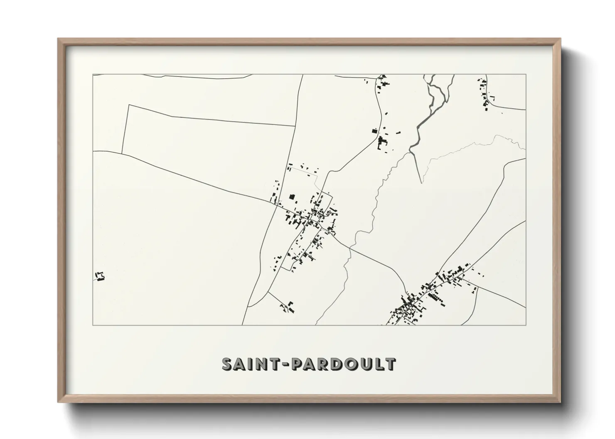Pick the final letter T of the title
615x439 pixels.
click(x=390, y=364)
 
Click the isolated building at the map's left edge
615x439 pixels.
click(x=99, y=276)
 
